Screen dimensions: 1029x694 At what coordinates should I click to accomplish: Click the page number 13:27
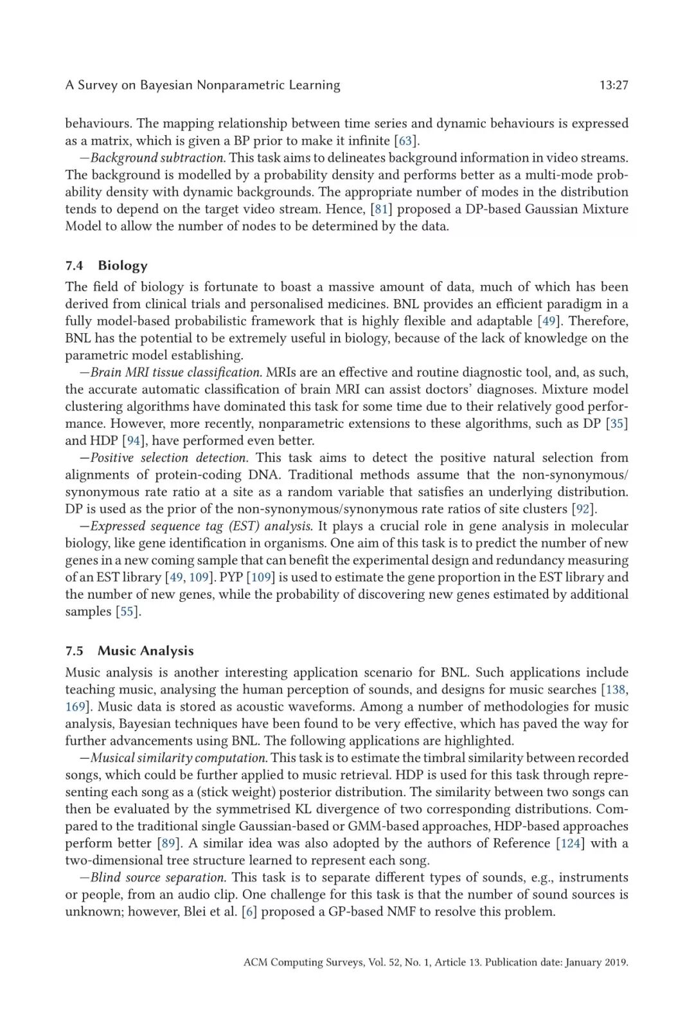pos(613,85)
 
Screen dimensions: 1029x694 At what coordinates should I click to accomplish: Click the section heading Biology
pos(123,266)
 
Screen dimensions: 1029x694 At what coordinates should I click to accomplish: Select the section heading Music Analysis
pos(145,651)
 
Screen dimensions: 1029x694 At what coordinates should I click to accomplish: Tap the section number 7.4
pos(74,266)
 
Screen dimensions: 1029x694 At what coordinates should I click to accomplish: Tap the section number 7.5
pos(74,651)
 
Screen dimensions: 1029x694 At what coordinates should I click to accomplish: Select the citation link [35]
pos(617,423)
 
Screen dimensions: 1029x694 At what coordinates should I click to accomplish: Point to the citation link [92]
pos(583,509)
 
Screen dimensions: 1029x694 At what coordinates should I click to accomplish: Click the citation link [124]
pos(570,843)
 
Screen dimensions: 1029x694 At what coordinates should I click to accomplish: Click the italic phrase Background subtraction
pos(158,158)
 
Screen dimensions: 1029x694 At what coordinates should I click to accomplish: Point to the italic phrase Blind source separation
pos(158,878)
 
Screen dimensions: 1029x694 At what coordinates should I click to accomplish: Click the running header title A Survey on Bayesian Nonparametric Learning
pos(202,85)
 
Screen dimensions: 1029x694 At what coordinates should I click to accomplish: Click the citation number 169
pos(75,707)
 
